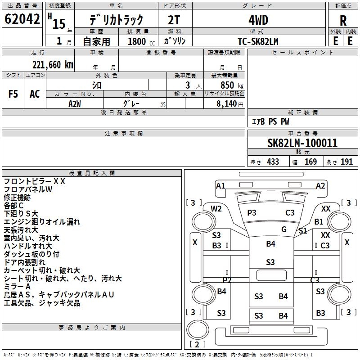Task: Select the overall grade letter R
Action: [343, 20]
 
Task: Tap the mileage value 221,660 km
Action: [53, 64]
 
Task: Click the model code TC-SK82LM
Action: [258, 41]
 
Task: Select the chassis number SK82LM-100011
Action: [302, 143]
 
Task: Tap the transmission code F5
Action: [13, 94]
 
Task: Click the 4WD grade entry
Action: [258, 20]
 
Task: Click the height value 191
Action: [346, 162]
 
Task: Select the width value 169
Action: [310, 162]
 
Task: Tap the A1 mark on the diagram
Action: [220, 185]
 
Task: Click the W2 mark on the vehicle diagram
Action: [216, 208]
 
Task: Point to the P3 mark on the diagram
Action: [252, 212]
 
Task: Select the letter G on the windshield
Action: [284, 229]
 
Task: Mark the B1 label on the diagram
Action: [319, 221]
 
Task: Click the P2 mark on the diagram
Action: [227, 280]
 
